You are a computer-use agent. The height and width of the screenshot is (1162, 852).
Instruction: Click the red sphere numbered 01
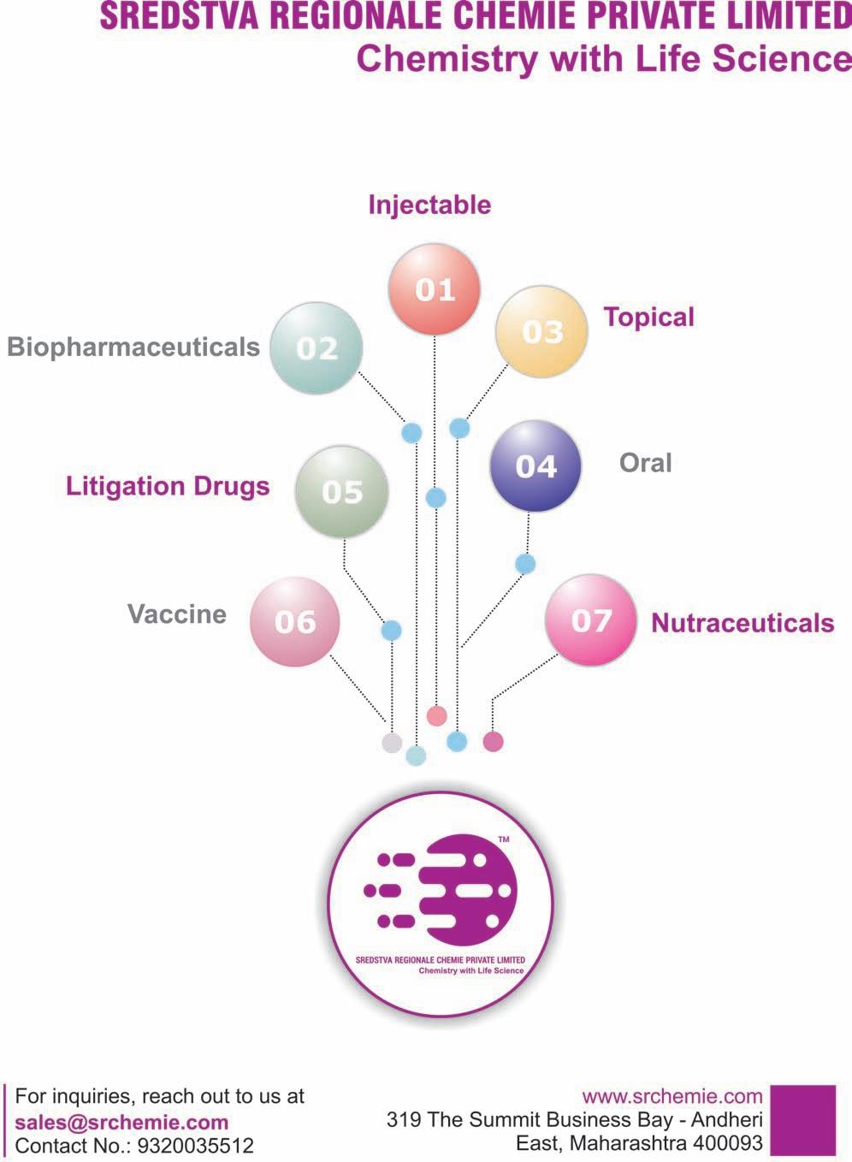[x=435, y=288]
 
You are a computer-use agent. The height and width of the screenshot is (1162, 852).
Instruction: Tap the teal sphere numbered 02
[x=317, y=347]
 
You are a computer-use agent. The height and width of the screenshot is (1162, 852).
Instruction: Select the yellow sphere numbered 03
[x=541, y=331]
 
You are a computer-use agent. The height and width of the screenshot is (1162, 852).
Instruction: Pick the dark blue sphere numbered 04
[x=535, y=466]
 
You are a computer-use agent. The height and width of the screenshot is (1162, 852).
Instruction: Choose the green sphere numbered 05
[x=341, y=491]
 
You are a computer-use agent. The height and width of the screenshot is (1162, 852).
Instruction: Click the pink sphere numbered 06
[x=295, y=622]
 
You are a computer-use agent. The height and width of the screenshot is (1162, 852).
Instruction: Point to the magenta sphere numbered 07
[x=591, y=620]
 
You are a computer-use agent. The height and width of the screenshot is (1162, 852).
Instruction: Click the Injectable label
[x=429, y=205]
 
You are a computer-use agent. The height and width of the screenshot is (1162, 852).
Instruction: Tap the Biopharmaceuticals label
[x=133, y=347]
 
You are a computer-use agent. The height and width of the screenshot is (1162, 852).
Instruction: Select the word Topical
[x=648, y=317]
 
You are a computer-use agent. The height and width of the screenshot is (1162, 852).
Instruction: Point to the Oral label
[x=645, y=463]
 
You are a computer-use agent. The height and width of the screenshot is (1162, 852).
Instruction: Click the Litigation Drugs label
[x=168, y=486]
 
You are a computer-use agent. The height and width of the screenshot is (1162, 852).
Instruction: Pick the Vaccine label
[x=177, y=614]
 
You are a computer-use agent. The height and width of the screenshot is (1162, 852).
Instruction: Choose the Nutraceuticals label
[x=743, y=623]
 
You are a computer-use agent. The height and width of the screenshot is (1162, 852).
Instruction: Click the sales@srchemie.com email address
[x=121, y=1122]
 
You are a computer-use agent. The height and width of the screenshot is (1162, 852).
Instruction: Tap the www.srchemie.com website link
[x=672, y=1096]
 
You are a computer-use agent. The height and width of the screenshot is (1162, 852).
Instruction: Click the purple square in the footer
[x=803, y=1120]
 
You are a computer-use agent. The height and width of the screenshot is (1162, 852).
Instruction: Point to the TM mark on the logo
[x=504, y=839]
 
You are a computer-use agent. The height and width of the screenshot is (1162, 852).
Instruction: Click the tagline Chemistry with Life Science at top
[x=603, y=59]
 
